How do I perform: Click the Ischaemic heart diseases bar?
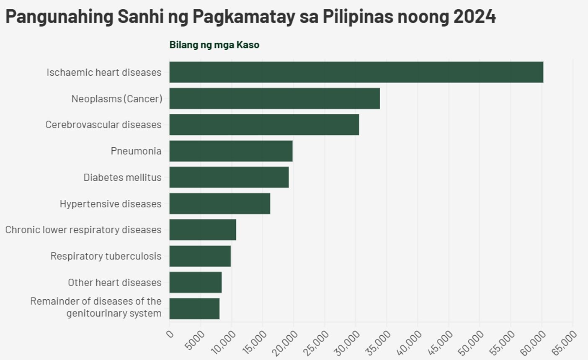(356, 72)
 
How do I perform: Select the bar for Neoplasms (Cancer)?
(275, 98)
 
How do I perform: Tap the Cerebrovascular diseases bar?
(264, 125)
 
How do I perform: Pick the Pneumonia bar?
(231, 151)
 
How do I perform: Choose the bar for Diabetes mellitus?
(229, 177)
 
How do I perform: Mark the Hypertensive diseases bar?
(220, 203)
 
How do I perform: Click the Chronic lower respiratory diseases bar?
(203, 229)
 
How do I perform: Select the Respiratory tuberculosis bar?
(200, 256)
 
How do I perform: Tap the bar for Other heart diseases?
(195, 282)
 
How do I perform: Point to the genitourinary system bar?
(194, 309)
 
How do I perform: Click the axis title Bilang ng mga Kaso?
(214, 45)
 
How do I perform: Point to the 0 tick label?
(170, 334)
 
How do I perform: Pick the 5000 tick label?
(195, 340)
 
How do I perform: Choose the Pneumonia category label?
(136, 151)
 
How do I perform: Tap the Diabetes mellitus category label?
(123, 177)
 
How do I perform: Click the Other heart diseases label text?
(115, 282)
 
